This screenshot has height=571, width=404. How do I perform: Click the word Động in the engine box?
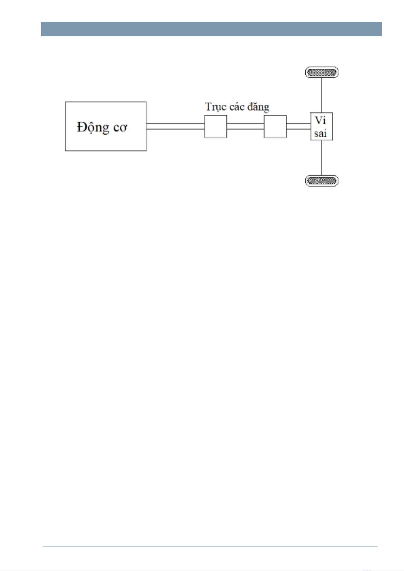(x=93, y=128)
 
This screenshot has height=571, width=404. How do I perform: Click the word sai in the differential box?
(x=320, y=133)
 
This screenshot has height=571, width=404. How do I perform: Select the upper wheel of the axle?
(x=322, y=72)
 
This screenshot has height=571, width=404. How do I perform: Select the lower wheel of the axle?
(x=322, y=181)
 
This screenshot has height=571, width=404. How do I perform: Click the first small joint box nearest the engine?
(x=215, y=126)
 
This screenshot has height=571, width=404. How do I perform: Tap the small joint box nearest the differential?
(x=275, y=126)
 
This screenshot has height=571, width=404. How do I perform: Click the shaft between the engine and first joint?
(x=175, y=126)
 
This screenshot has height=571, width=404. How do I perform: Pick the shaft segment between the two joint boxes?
(x=245, y=126)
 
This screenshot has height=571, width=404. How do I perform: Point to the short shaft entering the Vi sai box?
(x=299, y=126)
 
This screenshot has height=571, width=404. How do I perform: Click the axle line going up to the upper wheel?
(x=322, y=95)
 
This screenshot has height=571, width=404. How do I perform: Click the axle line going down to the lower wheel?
(x=322, y=158)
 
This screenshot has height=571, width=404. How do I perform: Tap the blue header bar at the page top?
(x=211, y=29)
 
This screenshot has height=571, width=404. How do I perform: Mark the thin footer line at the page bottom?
(x=210, y=546)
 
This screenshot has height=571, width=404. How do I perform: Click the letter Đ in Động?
(x=81, y=127)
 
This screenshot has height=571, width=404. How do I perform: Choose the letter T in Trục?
(x=208, y=107)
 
